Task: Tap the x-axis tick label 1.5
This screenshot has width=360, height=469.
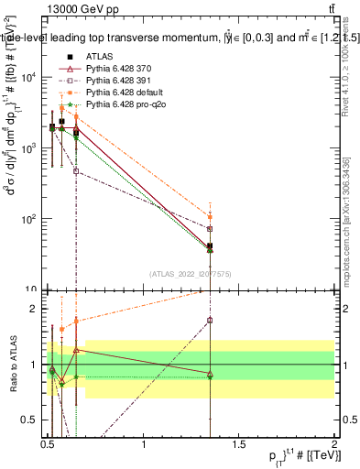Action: [x=239, y=445]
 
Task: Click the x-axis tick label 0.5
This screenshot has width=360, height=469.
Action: [x=48, y=445]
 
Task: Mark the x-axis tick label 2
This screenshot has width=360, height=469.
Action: [x=333, y=445]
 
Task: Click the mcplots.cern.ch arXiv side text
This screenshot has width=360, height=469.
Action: [x=346, y=211]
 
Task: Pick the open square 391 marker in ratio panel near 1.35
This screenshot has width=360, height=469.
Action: [x=211, y=320]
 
